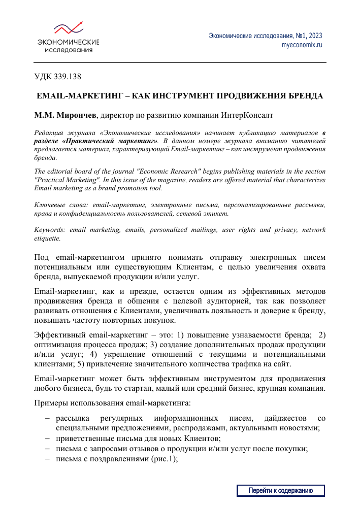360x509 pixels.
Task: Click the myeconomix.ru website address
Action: tap(302, 45)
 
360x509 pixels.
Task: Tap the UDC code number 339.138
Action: tap(66, 77)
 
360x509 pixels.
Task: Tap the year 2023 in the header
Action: tap(313, 36)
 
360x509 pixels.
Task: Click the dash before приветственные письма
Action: tap(47, 437)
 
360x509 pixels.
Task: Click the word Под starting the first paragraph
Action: tap(41, 257)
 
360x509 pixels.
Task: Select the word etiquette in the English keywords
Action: tap(47, 237)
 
